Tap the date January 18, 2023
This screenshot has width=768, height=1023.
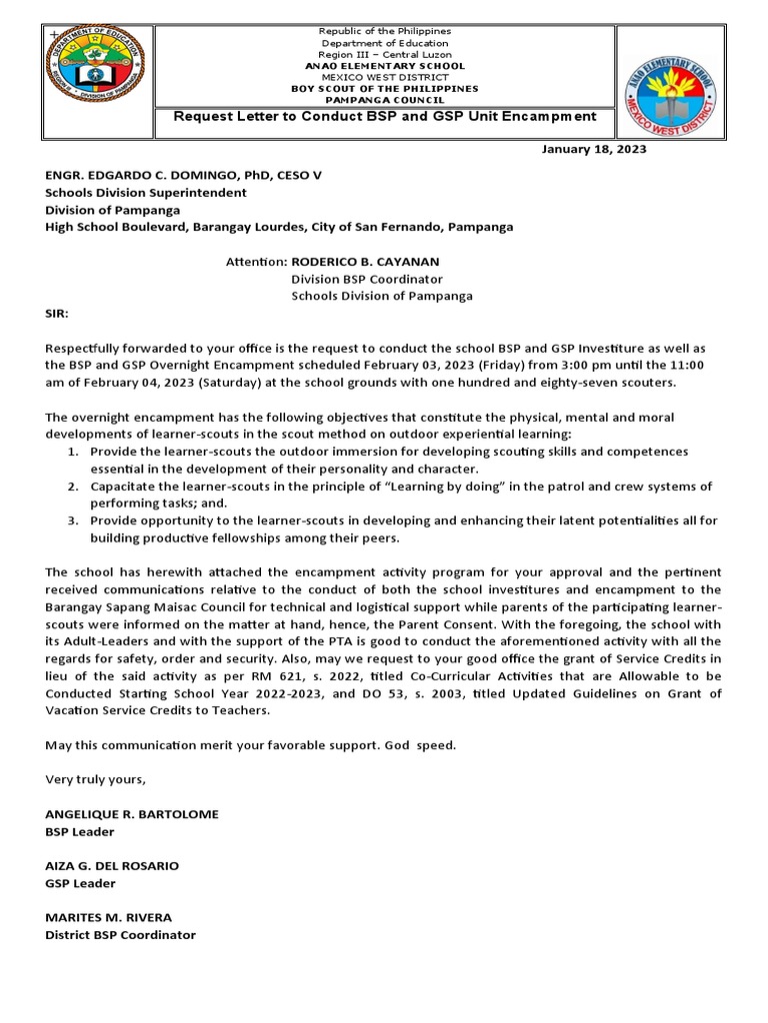[x=593, y=149]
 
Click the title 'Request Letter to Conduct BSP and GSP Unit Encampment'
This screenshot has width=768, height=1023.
[x=385, y=117]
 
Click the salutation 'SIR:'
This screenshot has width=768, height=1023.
[x=57, y=313]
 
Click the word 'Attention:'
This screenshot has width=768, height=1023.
[x=256, y=261]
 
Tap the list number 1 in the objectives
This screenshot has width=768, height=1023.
[x=73, y=452]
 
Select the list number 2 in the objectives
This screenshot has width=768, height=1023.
[x=73, y=487]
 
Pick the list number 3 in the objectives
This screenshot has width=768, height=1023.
[x=73, y=521]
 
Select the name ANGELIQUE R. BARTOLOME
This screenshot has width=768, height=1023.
[x=132, y=814]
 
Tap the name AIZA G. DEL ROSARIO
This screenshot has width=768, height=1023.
[x=112, y=865]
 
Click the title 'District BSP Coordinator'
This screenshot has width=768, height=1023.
[x=120, y=935]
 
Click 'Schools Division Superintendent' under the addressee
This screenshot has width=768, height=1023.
[x=145, y=192]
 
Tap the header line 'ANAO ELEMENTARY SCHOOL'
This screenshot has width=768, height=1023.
[x=385, y=65]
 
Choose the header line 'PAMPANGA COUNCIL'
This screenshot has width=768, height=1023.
[x=385, y=98]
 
